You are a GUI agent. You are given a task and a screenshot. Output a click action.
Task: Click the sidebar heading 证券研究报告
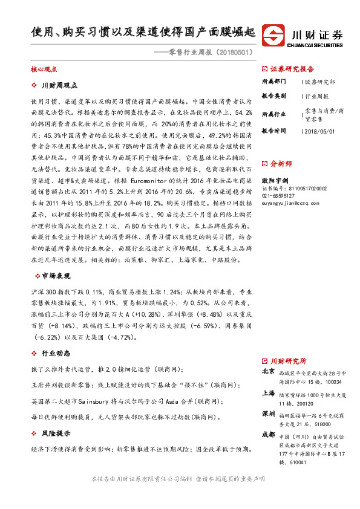tap(292, 69)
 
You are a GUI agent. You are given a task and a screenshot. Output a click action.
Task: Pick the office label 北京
tap(268, 372)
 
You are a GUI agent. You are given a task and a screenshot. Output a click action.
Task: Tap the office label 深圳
tap(268, 414)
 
